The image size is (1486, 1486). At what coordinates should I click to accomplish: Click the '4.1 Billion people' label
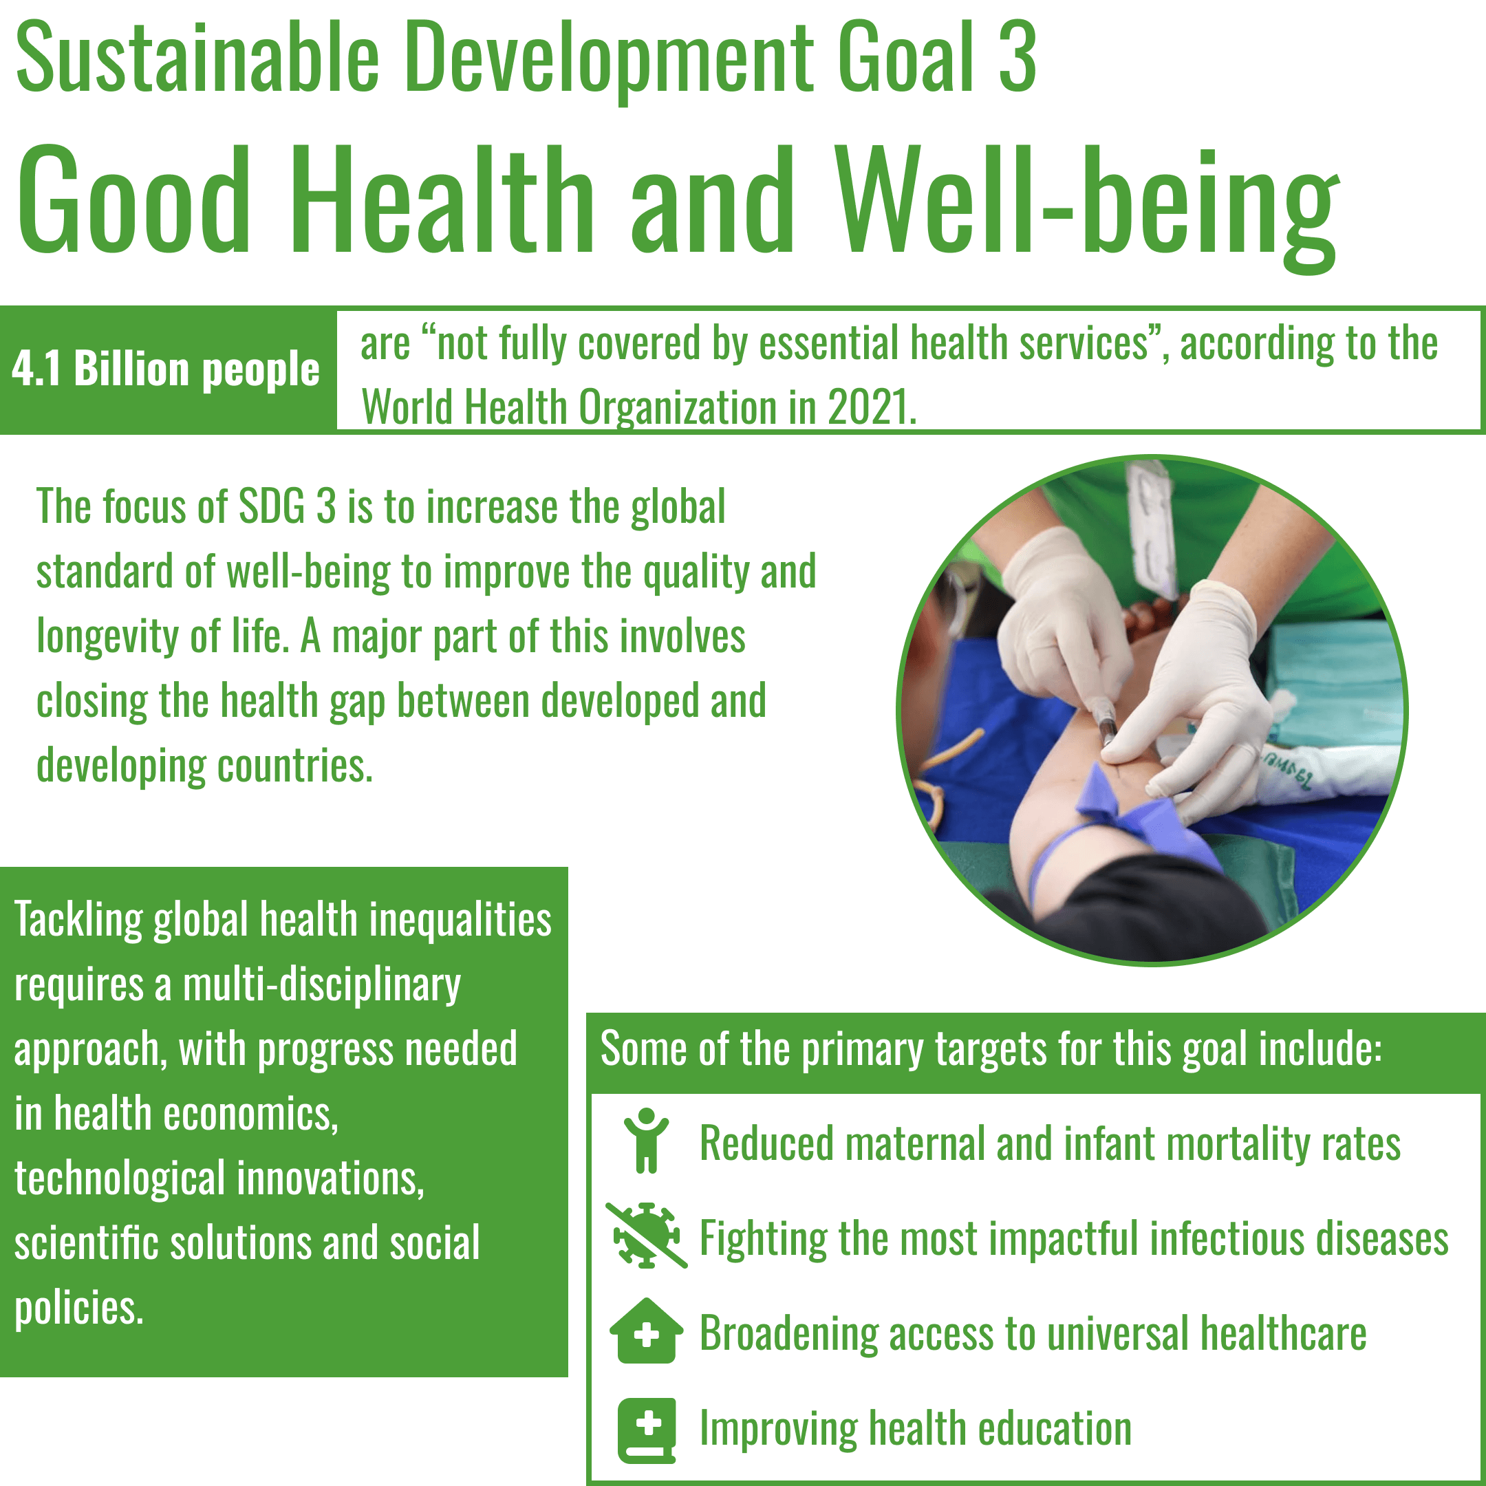tap(165, 369)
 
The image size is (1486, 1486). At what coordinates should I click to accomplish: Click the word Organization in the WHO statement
tap(677, 408)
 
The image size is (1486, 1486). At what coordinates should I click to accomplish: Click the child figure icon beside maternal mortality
tap(647, 1140)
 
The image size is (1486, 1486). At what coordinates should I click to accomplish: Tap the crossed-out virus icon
tap(646, 1236)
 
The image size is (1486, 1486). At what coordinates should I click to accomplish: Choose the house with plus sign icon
tap(647, 1331)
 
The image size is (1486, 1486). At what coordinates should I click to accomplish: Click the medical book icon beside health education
tap(647, 1430)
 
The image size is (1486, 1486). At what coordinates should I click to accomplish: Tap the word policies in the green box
tap(79, 1308)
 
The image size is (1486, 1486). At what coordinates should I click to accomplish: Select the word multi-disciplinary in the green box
tap(321, 986)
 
